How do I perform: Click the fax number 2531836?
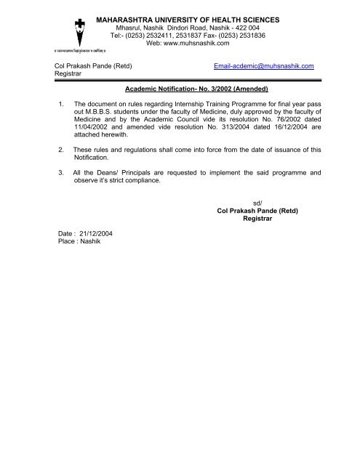tap(246, 34)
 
